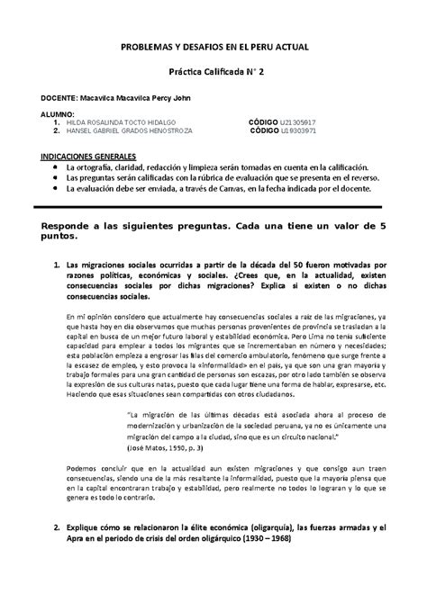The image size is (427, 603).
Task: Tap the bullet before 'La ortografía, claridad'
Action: click(x=58, y=166)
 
